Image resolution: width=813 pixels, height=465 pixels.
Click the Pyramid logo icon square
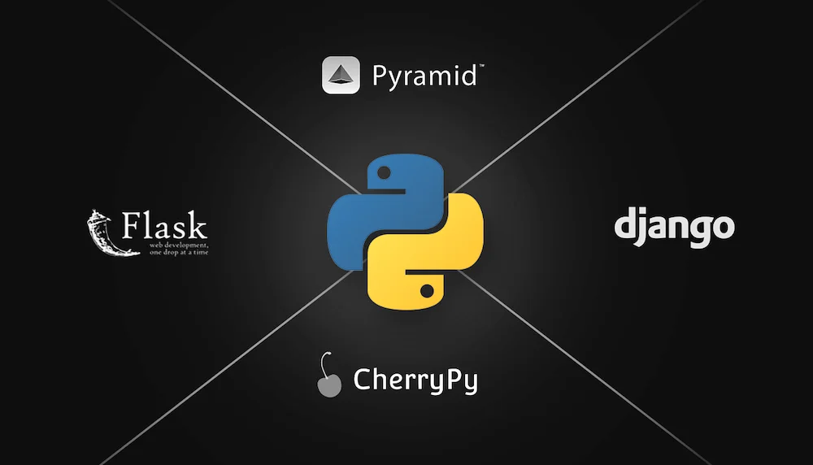[341, 75]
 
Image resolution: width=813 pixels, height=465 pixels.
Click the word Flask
[164, 225]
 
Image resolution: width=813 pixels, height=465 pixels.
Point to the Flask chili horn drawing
[102, 232]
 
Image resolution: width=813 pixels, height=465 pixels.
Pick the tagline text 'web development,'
[178, 244]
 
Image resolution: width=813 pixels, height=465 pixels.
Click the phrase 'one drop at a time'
[178, 252]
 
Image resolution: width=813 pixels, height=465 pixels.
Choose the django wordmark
[674, 228]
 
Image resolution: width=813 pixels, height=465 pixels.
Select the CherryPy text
[415, 380]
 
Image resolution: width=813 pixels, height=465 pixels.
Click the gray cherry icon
[329, 384]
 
